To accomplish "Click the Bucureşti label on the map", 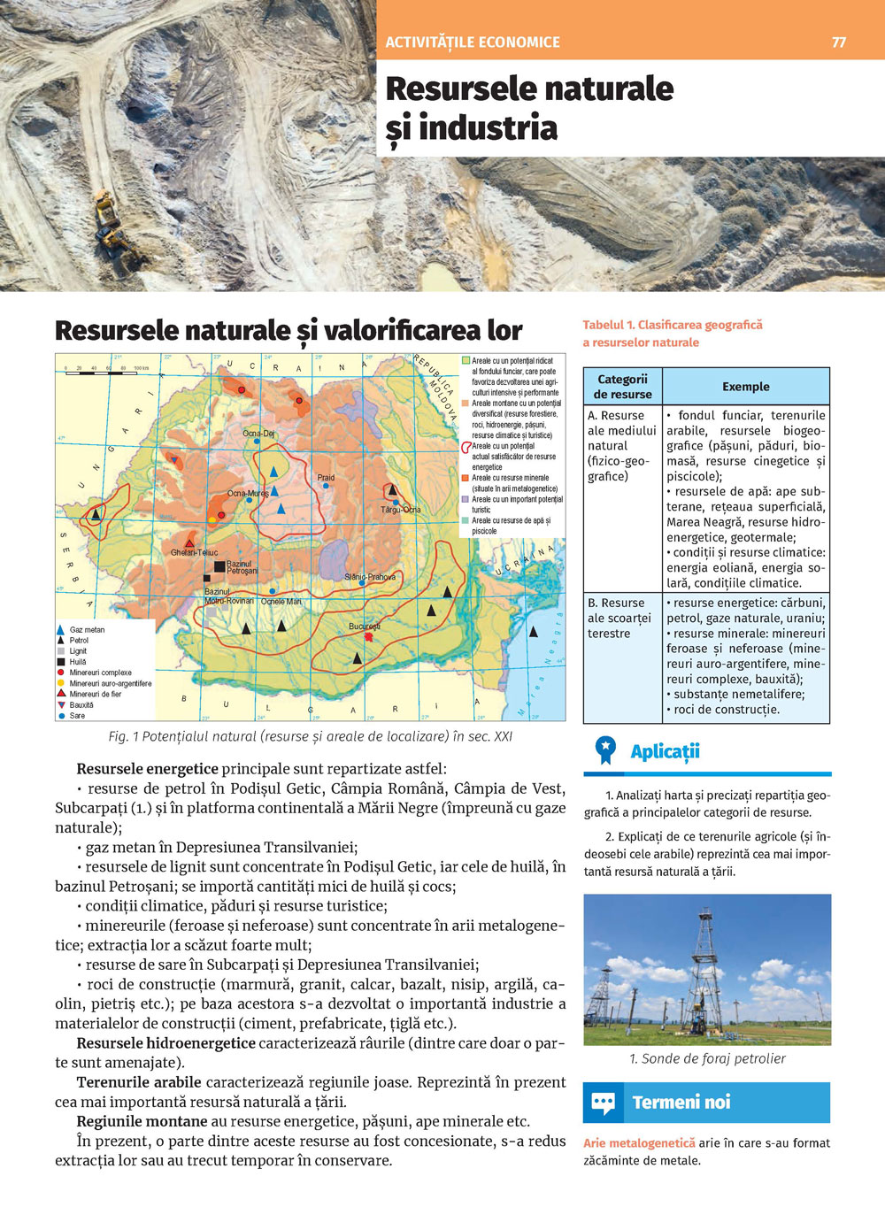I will click(365, 626).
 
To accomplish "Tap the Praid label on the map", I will click(326, 478).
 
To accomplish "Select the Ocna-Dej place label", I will click(258, 434).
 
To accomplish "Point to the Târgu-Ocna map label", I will click(401, 510).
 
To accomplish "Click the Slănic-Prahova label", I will click(370, 577).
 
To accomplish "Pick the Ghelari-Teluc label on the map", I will click(194, 553).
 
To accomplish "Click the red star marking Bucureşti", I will click(369, 635).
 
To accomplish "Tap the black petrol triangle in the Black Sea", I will click(533, 632).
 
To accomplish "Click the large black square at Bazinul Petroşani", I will click(219, 566).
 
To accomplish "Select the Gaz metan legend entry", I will click(87, 630).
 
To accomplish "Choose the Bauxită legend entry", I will click(81, 705).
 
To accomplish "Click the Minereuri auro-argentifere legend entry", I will click(110, 684).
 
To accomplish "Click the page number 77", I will click(839, 42).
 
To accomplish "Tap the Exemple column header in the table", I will click(745, 387).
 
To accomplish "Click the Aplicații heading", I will click(665, 752).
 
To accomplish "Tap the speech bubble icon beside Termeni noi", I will click(603, 1103).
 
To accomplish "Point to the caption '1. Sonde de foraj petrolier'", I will click(707, 1058).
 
